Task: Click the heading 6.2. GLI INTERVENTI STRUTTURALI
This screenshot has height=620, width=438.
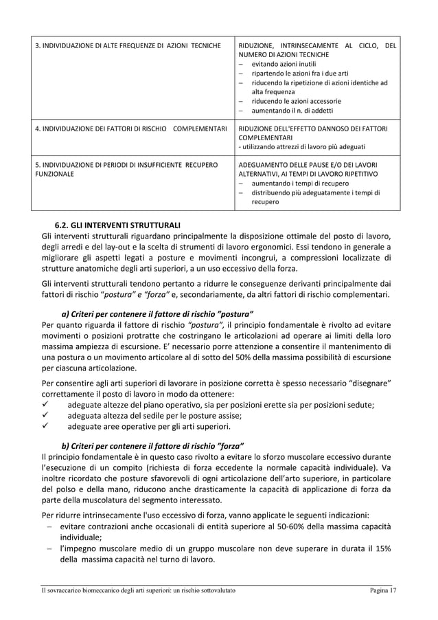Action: coord(118,225)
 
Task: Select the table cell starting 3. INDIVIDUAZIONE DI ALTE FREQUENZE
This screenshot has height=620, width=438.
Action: coord(128,45)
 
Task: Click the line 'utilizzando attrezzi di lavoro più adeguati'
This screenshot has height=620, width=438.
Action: coord(301,146)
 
